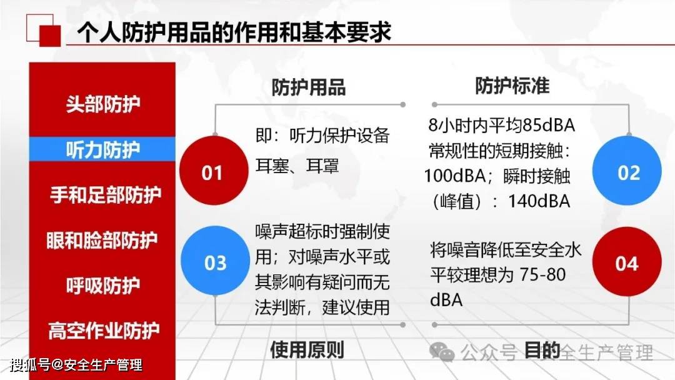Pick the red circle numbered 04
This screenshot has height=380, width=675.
click(627, 262)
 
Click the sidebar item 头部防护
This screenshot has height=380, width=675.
click(103, 104)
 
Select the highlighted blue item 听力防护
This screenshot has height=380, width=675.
click(102, 149)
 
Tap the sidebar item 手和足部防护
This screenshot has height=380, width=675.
click(106, 194)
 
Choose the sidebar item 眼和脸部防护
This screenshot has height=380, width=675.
click(102, 240)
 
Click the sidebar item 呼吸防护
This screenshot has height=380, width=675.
click(103, 286)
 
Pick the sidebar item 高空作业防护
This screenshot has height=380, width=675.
click(104, 331)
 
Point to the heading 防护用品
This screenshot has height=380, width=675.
click(308, 87)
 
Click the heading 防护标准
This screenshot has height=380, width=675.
click(512, 86)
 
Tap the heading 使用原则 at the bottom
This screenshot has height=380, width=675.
click(307, 350)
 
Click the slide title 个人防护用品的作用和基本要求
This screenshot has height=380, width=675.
click(234, 32)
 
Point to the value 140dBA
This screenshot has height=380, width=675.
click(539, 201)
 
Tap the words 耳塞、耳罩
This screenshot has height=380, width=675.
click(297, 166)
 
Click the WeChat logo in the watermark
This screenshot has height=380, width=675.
click(442, 352)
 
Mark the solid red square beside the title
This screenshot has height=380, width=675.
click(50, 36)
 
